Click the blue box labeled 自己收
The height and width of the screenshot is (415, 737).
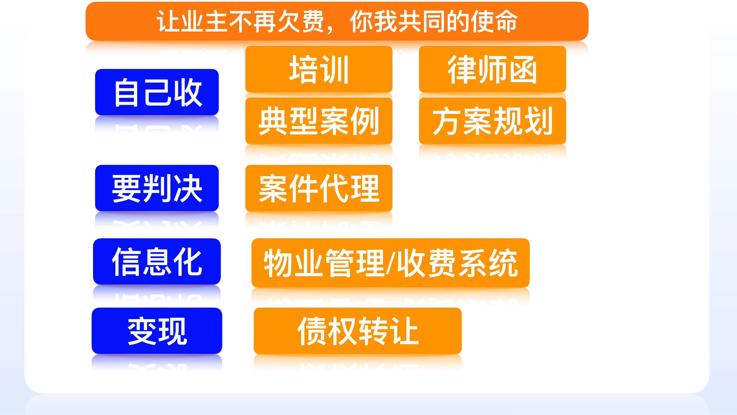click(157, 92)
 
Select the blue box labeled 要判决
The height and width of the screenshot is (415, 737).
click(157, 188)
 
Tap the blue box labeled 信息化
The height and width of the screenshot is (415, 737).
click(157, 261)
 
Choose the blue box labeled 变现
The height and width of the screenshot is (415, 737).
click(157, 331)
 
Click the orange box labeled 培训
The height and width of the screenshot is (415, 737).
click(319, 69)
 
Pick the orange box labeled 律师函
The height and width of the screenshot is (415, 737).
click(492, 69)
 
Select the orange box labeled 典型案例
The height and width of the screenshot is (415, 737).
click(319, 121)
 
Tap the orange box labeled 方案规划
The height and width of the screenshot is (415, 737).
click(492, 121)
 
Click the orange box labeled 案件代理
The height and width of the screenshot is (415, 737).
click(319, 188)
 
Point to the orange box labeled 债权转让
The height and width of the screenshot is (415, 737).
click(358, 331)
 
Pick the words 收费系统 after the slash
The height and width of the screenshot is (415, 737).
click(458, 263)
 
